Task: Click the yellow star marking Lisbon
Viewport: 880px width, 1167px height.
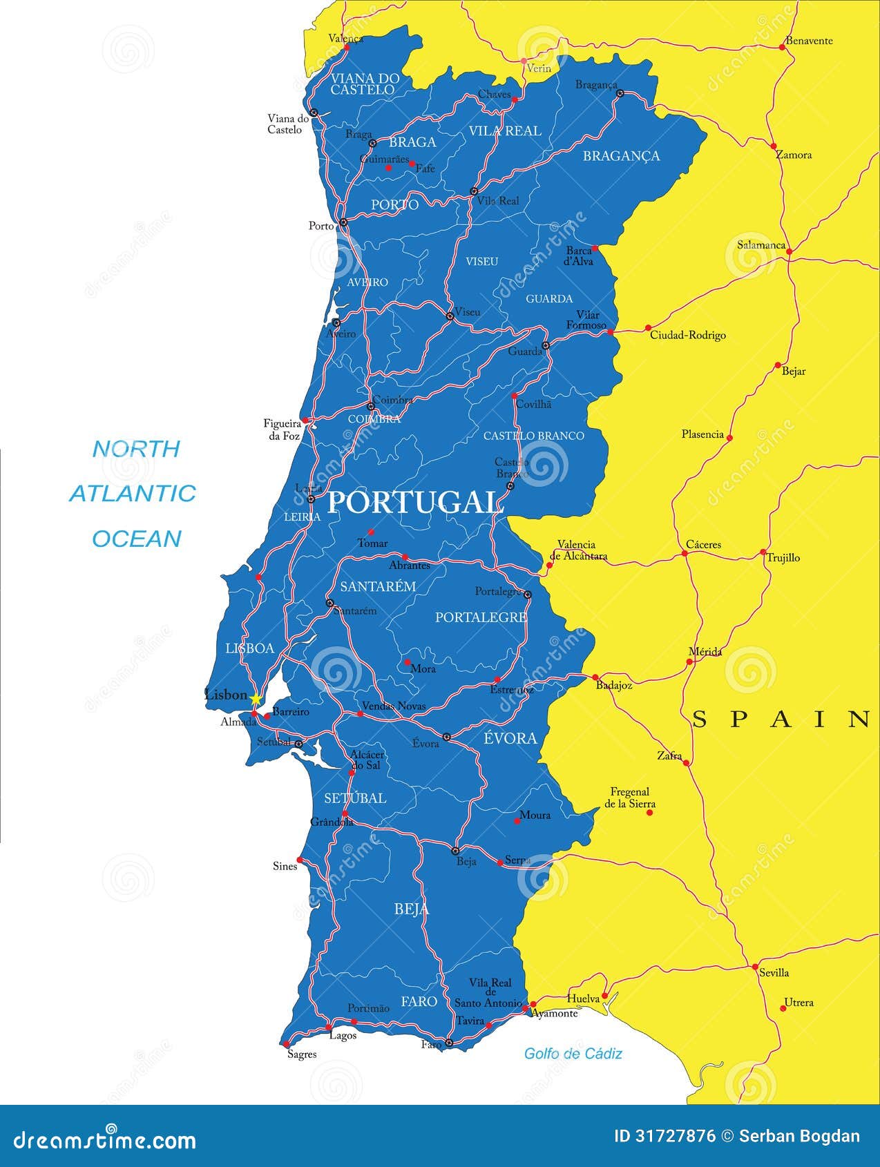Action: point(256,699)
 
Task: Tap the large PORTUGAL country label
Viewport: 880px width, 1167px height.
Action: point(413,503)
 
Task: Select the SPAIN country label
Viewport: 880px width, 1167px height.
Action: point(781,720)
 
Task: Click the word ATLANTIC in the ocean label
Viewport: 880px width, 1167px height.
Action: point(133,493)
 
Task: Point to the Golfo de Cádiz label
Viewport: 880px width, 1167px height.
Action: point(573,1053)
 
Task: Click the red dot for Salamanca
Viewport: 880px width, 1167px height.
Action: point(789,251)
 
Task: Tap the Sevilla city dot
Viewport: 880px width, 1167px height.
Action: point(755,966)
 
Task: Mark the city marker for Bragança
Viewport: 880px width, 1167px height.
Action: point(620,93)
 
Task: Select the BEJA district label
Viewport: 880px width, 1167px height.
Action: point(412,909)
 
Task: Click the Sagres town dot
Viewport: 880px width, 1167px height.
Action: point(285,1044)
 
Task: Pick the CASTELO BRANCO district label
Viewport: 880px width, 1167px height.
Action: point(533,436)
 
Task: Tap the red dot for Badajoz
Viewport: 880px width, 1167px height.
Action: point(595,677)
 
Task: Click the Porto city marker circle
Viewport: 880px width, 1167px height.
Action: point(343,223)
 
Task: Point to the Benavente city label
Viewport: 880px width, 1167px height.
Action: point(809,41)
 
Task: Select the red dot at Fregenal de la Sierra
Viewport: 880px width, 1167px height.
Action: point(649,813)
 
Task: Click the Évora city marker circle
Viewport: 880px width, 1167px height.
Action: point(446,737)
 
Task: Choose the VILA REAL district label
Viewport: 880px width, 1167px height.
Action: point(505,131)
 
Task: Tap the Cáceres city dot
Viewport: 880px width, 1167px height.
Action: point(684,553)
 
